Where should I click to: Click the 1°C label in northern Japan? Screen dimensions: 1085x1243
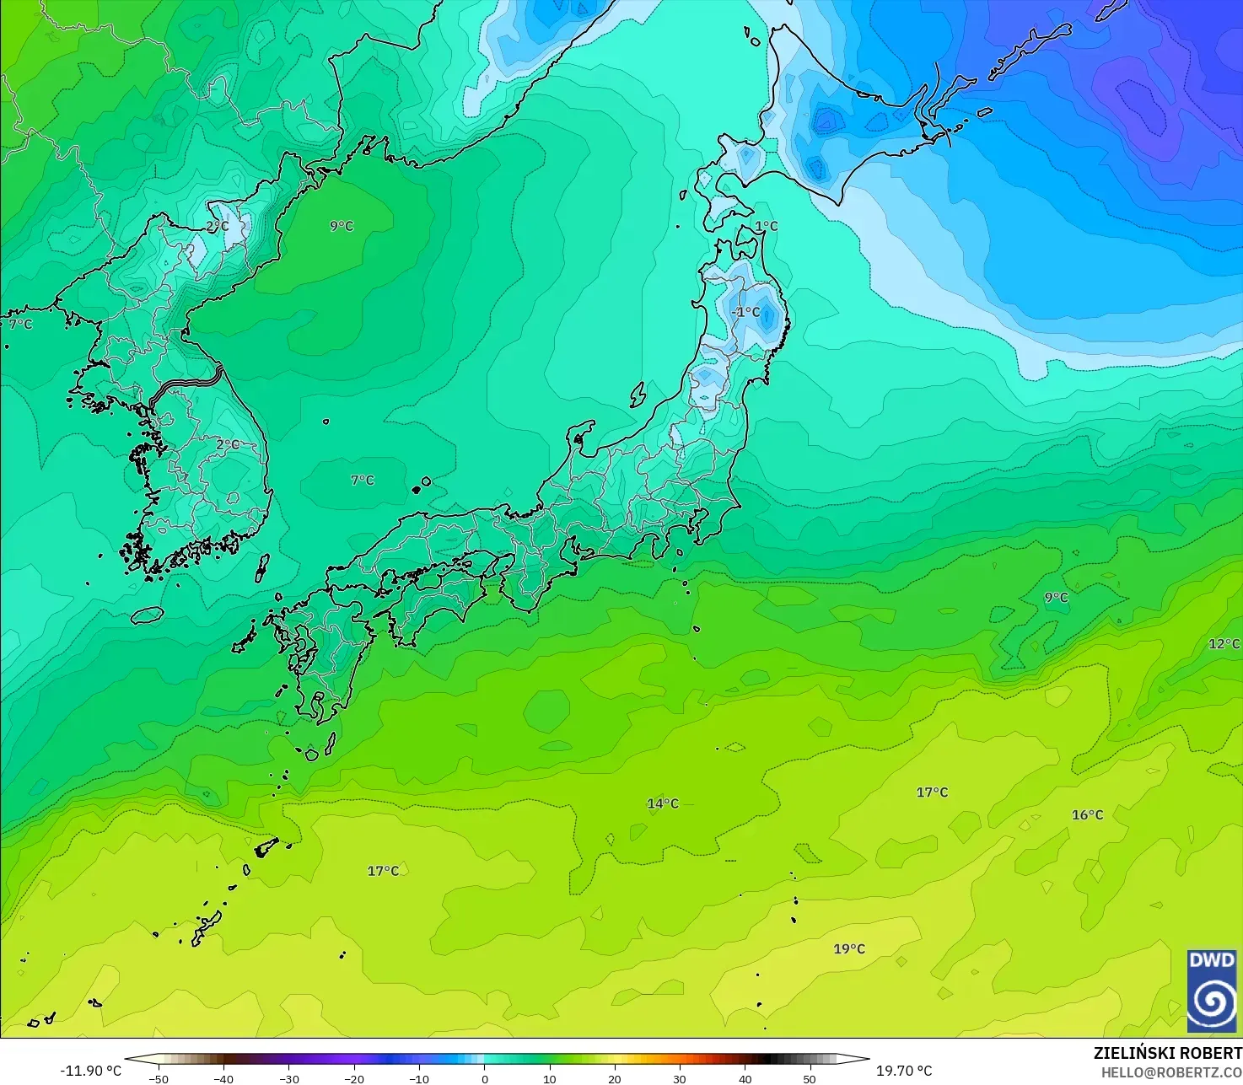[767, 226]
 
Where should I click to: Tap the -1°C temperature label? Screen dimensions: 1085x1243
[745, 312]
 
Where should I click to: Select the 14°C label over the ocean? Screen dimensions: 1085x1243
[663, 803]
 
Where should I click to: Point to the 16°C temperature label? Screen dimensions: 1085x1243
[1087, 815]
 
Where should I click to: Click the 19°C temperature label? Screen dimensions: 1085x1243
[849, 949]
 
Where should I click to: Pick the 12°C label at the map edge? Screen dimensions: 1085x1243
[1224, 644]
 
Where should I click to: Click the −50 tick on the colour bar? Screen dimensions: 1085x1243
[159, 1078]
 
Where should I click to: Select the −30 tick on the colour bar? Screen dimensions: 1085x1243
[289, 1078]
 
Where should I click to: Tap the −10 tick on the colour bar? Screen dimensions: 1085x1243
[419, 1078]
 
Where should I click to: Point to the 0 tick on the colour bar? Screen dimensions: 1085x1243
[485, 1078]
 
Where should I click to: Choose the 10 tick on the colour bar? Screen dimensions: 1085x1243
[550, 1078]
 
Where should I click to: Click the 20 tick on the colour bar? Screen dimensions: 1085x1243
[615, 1078]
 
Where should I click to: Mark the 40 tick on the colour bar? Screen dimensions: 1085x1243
[745, 1078]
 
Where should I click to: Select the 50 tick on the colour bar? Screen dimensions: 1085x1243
[810, 1078]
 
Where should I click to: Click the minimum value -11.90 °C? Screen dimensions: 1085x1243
[91, 1071]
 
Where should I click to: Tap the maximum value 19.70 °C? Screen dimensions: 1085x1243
[904, 1071]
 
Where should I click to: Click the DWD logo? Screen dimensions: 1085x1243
[1212, 991]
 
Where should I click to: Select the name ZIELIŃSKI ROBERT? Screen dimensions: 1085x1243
[1168, 1053]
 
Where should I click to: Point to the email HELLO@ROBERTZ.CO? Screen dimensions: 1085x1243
[1171, 1072]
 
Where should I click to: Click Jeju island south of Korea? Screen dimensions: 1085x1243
[147, 615]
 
